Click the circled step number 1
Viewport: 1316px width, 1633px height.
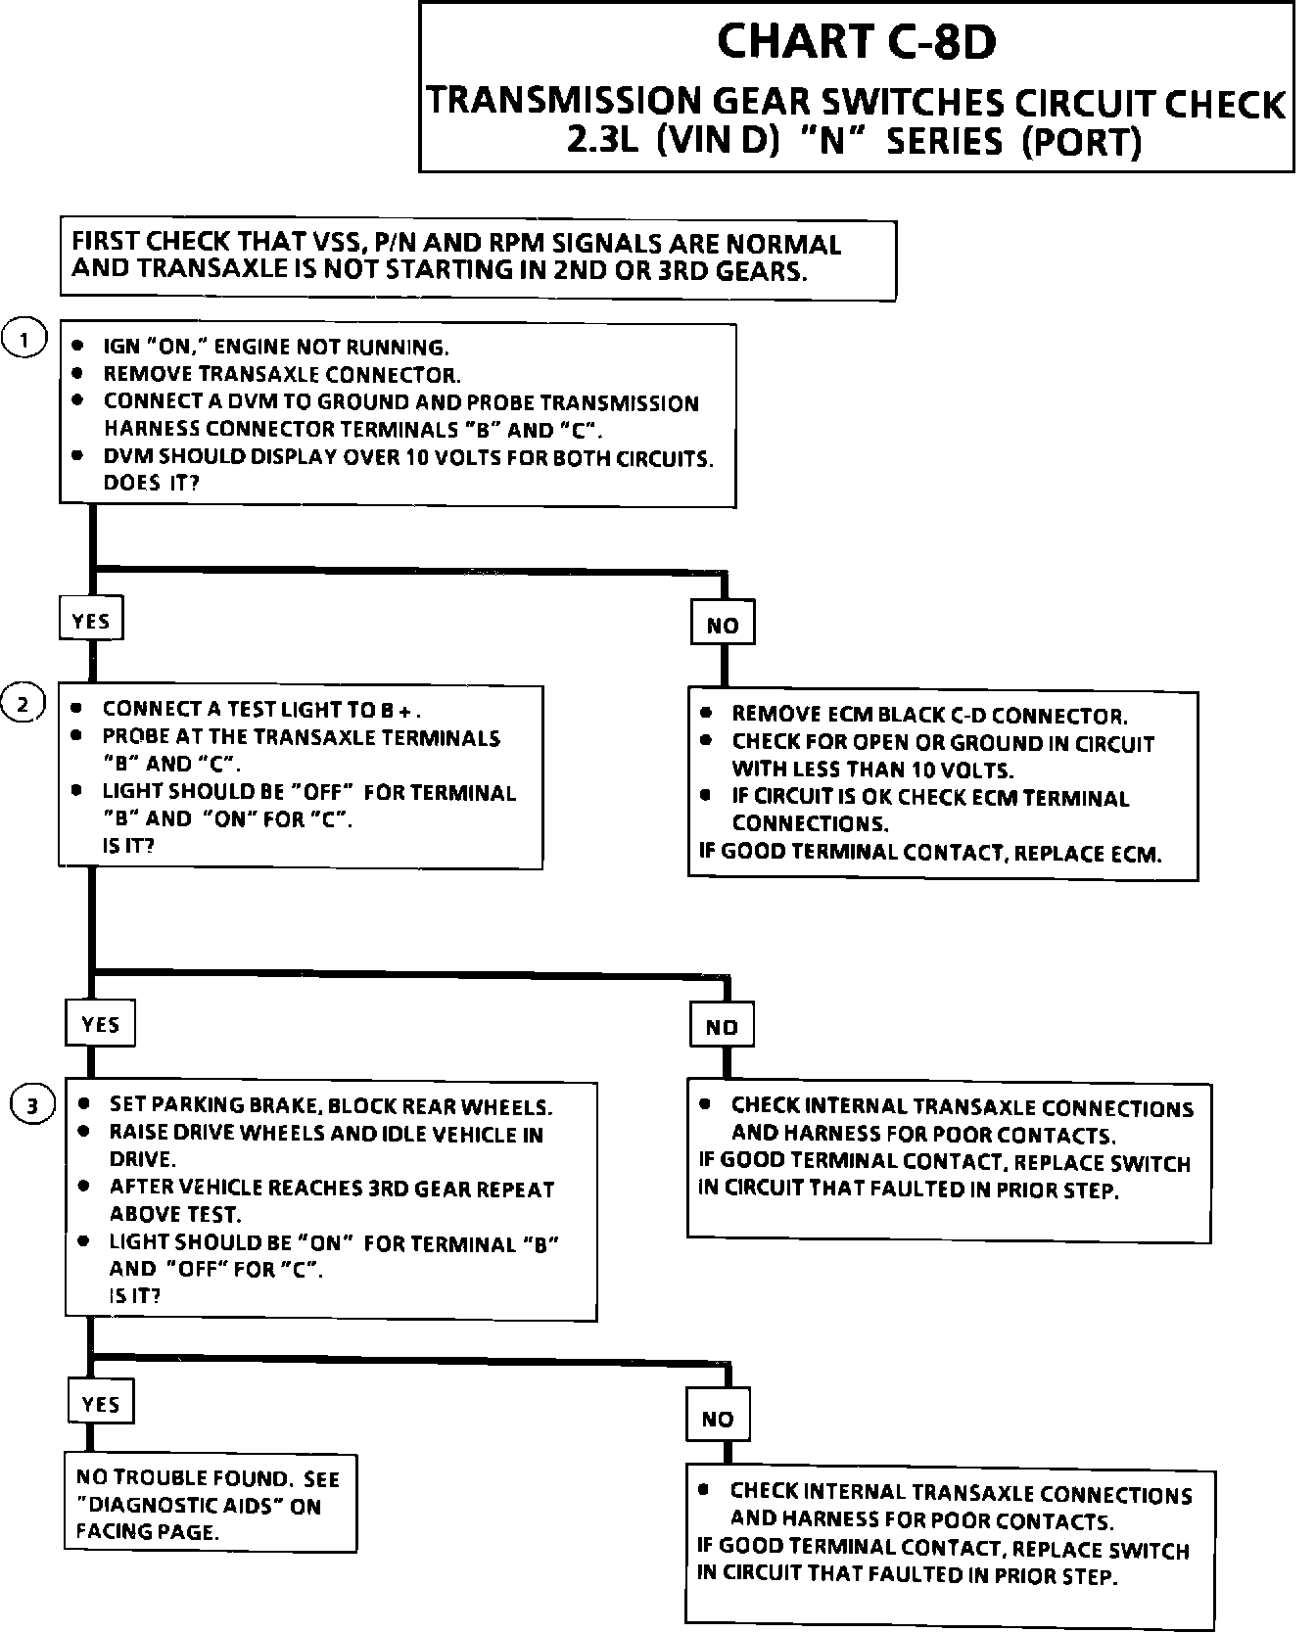pos(24,340)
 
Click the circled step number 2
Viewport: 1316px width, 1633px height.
pos(23,704)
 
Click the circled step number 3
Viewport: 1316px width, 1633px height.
pos(32,1106)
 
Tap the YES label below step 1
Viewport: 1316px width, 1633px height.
pos(91,621)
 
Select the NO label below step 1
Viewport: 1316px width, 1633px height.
pos(723,626)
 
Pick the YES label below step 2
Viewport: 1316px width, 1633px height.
pos(100,1024)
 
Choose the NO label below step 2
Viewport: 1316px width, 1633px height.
pos(722,1027)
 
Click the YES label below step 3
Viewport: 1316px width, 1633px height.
pos(100,1404)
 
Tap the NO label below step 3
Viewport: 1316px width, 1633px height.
pos(718,1419)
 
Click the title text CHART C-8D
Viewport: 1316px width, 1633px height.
pos(857,42)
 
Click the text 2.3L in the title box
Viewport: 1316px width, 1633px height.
pos(603,142)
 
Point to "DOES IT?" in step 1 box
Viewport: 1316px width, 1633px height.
pos(151,484)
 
